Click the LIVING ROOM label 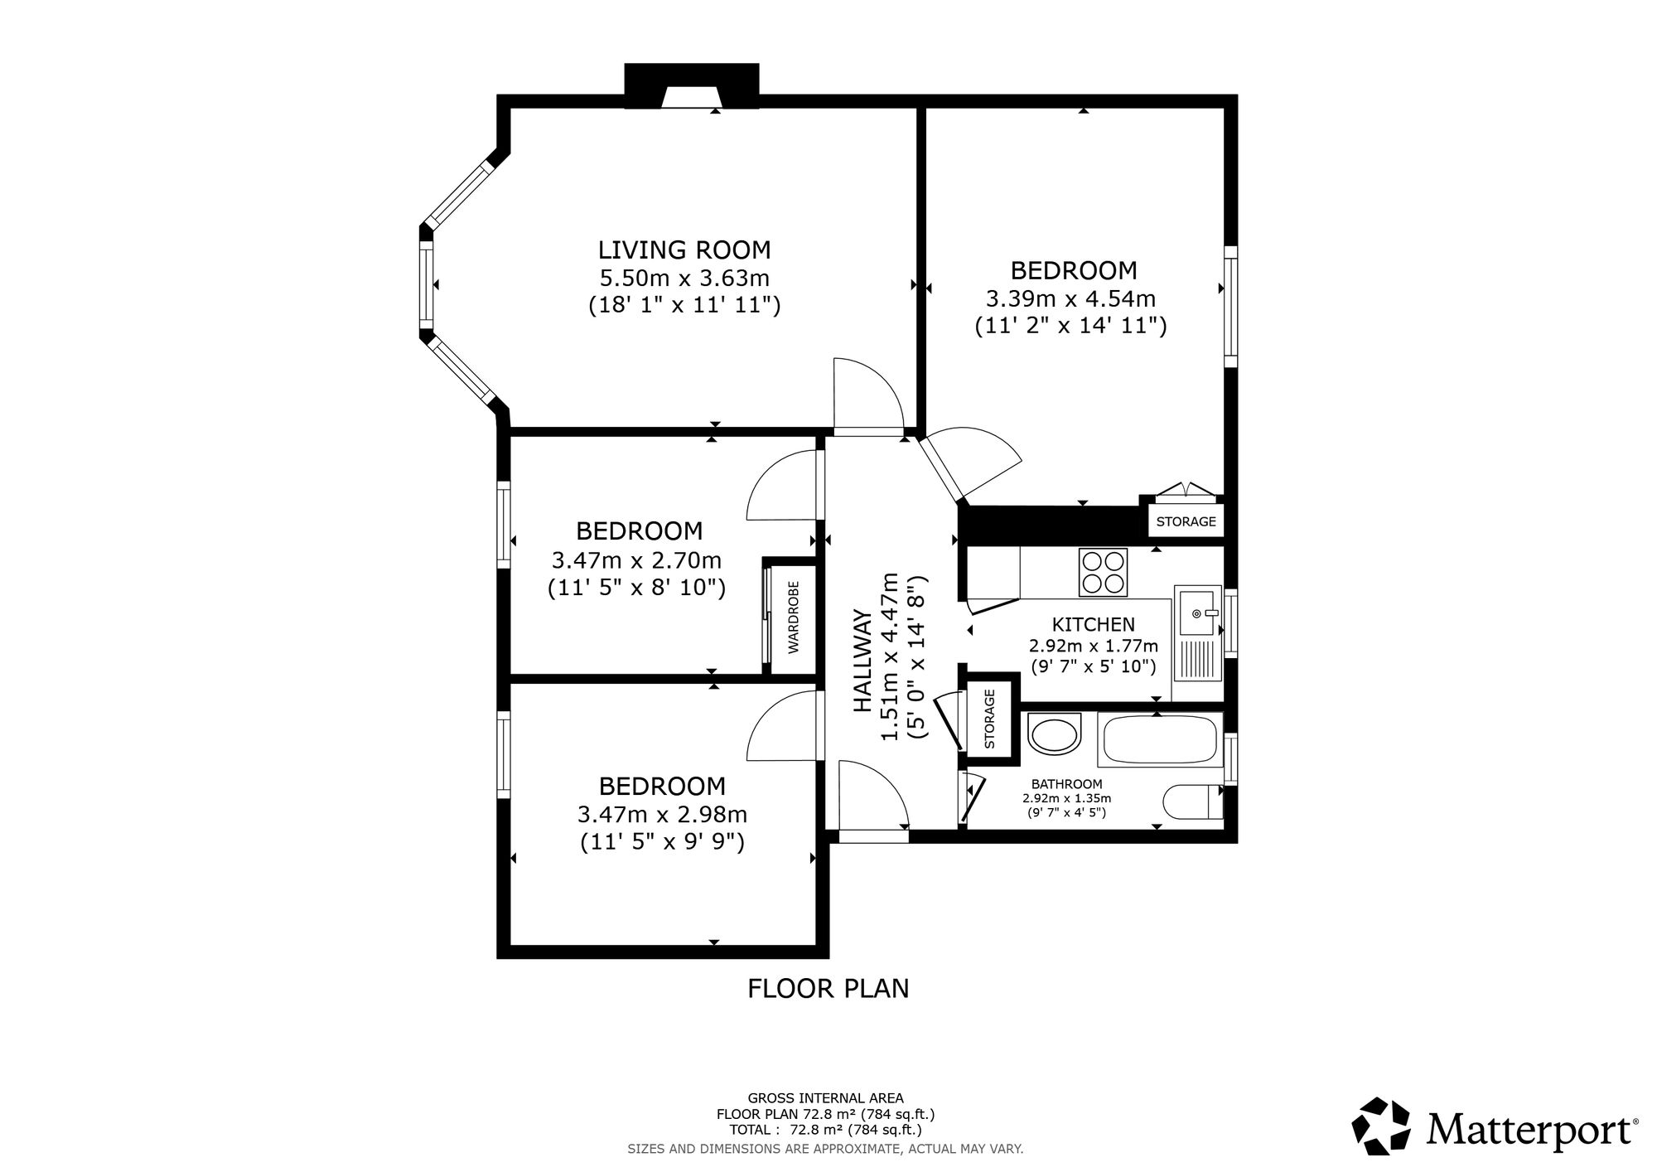pyautogui.click(x=684, y=249)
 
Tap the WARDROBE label pyautogui.click(x=794, y=617)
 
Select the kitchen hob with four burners pyautogui.click(x=1104, y=572)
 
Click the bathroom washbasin pyautogui.click(x=1054, y=734)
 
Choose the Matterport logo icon pyautogui.click(x=1381, y=1126)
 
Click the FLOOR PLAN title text pyautogui.click(x=828, y=989)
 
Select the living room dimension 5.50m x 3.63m pyautogui.click(x=684, y=278)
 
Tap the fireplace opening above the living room pyautogui.click(x=691, y=97)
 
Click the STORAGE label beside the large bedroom pyautogui.click(x=1186, y=521)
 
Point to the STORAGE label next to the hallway pyautogui.click(x=989, y=719)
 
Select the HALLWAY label pyautogui.click(x=863, y=661)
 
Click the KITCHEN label pyautogui.click(x=1094, y=625)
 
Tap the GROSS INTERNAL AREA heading pyautogui.click(x=826, y=1098)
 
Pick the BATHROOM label pyautogui.click(x=1067, y=784)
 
